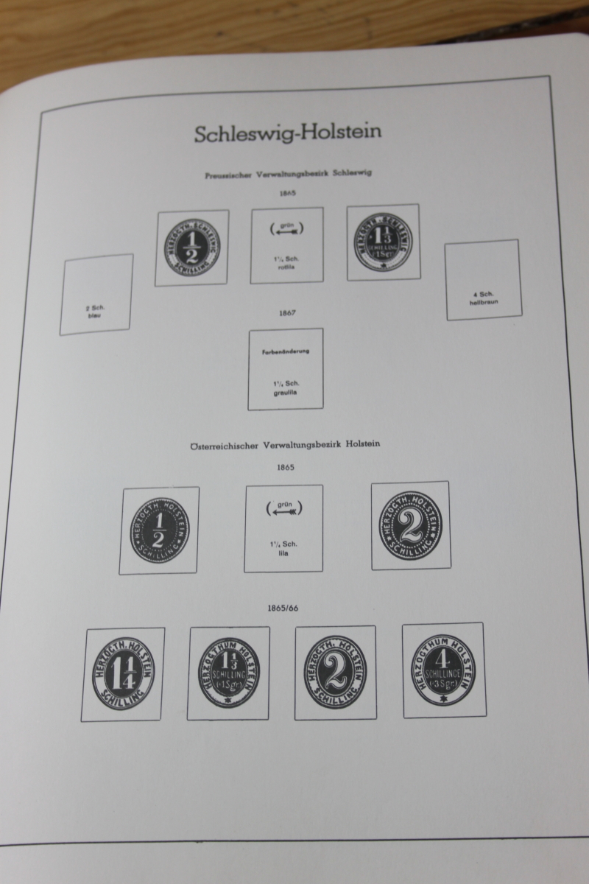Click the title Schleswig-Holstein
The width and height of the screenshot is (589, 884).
pyautogui.click(x=288, y=133)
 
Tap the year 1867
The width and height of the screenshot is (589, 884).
pyautogui.click(x=287, y=313)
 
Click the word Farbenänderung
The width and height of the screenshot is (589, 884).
pyautogui.click(x=286, y=351)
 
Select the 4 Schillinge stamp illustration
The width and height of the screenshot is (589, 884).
pyautogui.click(x=443, y=670)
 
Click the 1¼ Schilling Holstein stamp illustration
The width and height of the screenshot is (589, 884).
pyautogui.click(x=123, y=674)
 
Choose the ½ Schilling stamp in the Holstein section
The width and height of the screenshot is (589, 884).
pyautogui.click(x=159, y=530)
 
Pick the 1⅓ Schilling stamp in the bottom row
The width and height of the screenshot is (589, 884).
pyautogui.click(x=229, y=673)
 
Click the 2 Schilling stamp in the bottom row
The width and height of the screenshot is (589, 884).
pyautogui.click(x=335, y=672)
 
